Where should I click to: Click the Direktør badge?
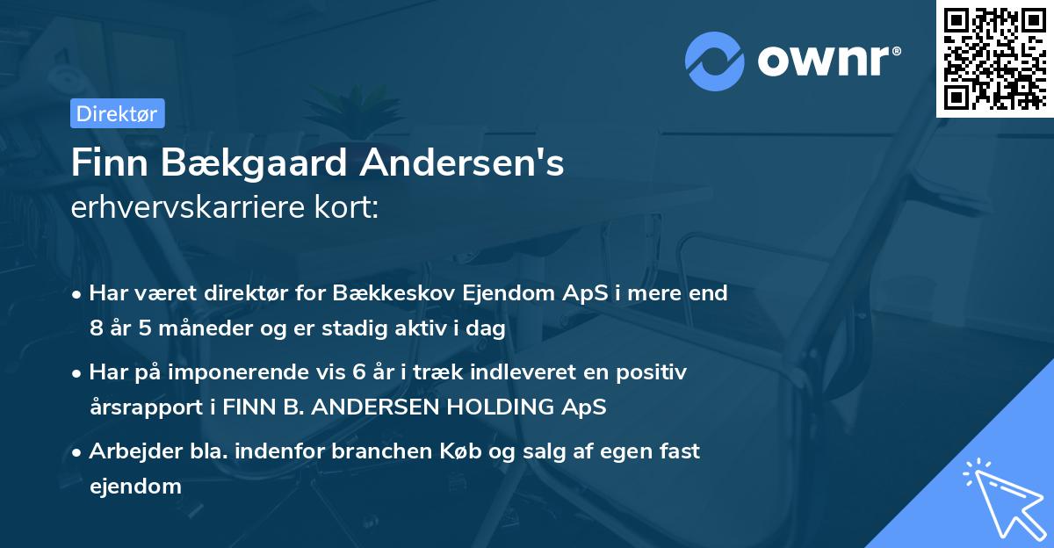tap(117, 113)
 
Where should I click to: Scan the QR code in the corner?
tap(993, 58)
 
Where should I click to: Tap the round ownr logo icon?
tap(715, 61)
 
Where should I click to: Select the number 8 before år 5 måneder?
tap(96, 329)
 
